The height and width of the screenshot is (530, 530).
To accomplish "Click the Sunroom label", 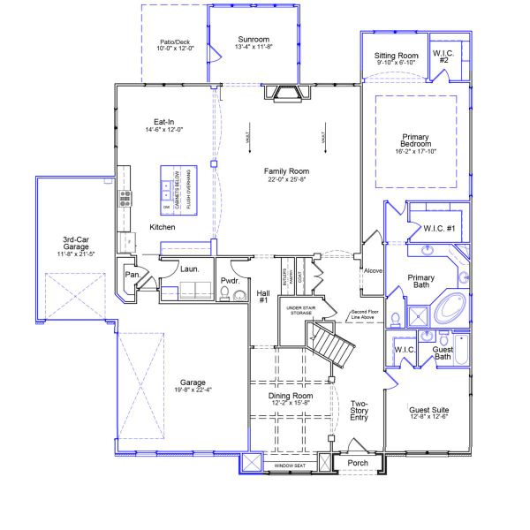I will point(253,40).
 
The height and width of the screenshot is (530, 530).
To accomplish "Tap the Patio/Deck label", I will point(175,42).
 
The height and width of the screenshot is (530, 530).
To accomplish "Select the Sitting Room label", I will point(396,56).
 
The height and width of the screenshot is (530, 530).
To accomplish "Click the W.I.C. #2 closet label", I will point(443,57).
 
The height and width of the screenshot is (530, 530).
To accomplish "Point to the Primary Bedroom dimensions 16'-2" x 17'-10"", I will point(415,152).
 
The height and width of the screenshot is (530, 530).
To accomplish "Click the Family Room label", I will point(287,171).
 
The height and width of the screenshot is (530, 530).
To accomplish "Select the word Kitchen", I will point(163,228).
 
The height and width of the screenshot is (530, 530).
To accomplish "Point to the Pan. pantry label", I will point(132,275).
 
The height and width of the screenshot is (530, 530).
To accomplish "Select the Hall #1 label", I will point(262,297).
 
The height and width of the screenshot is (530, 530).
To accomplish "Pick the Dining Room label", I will point(291,396).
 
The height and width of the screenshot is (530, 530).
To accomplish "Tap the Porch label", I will point(358,461).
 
